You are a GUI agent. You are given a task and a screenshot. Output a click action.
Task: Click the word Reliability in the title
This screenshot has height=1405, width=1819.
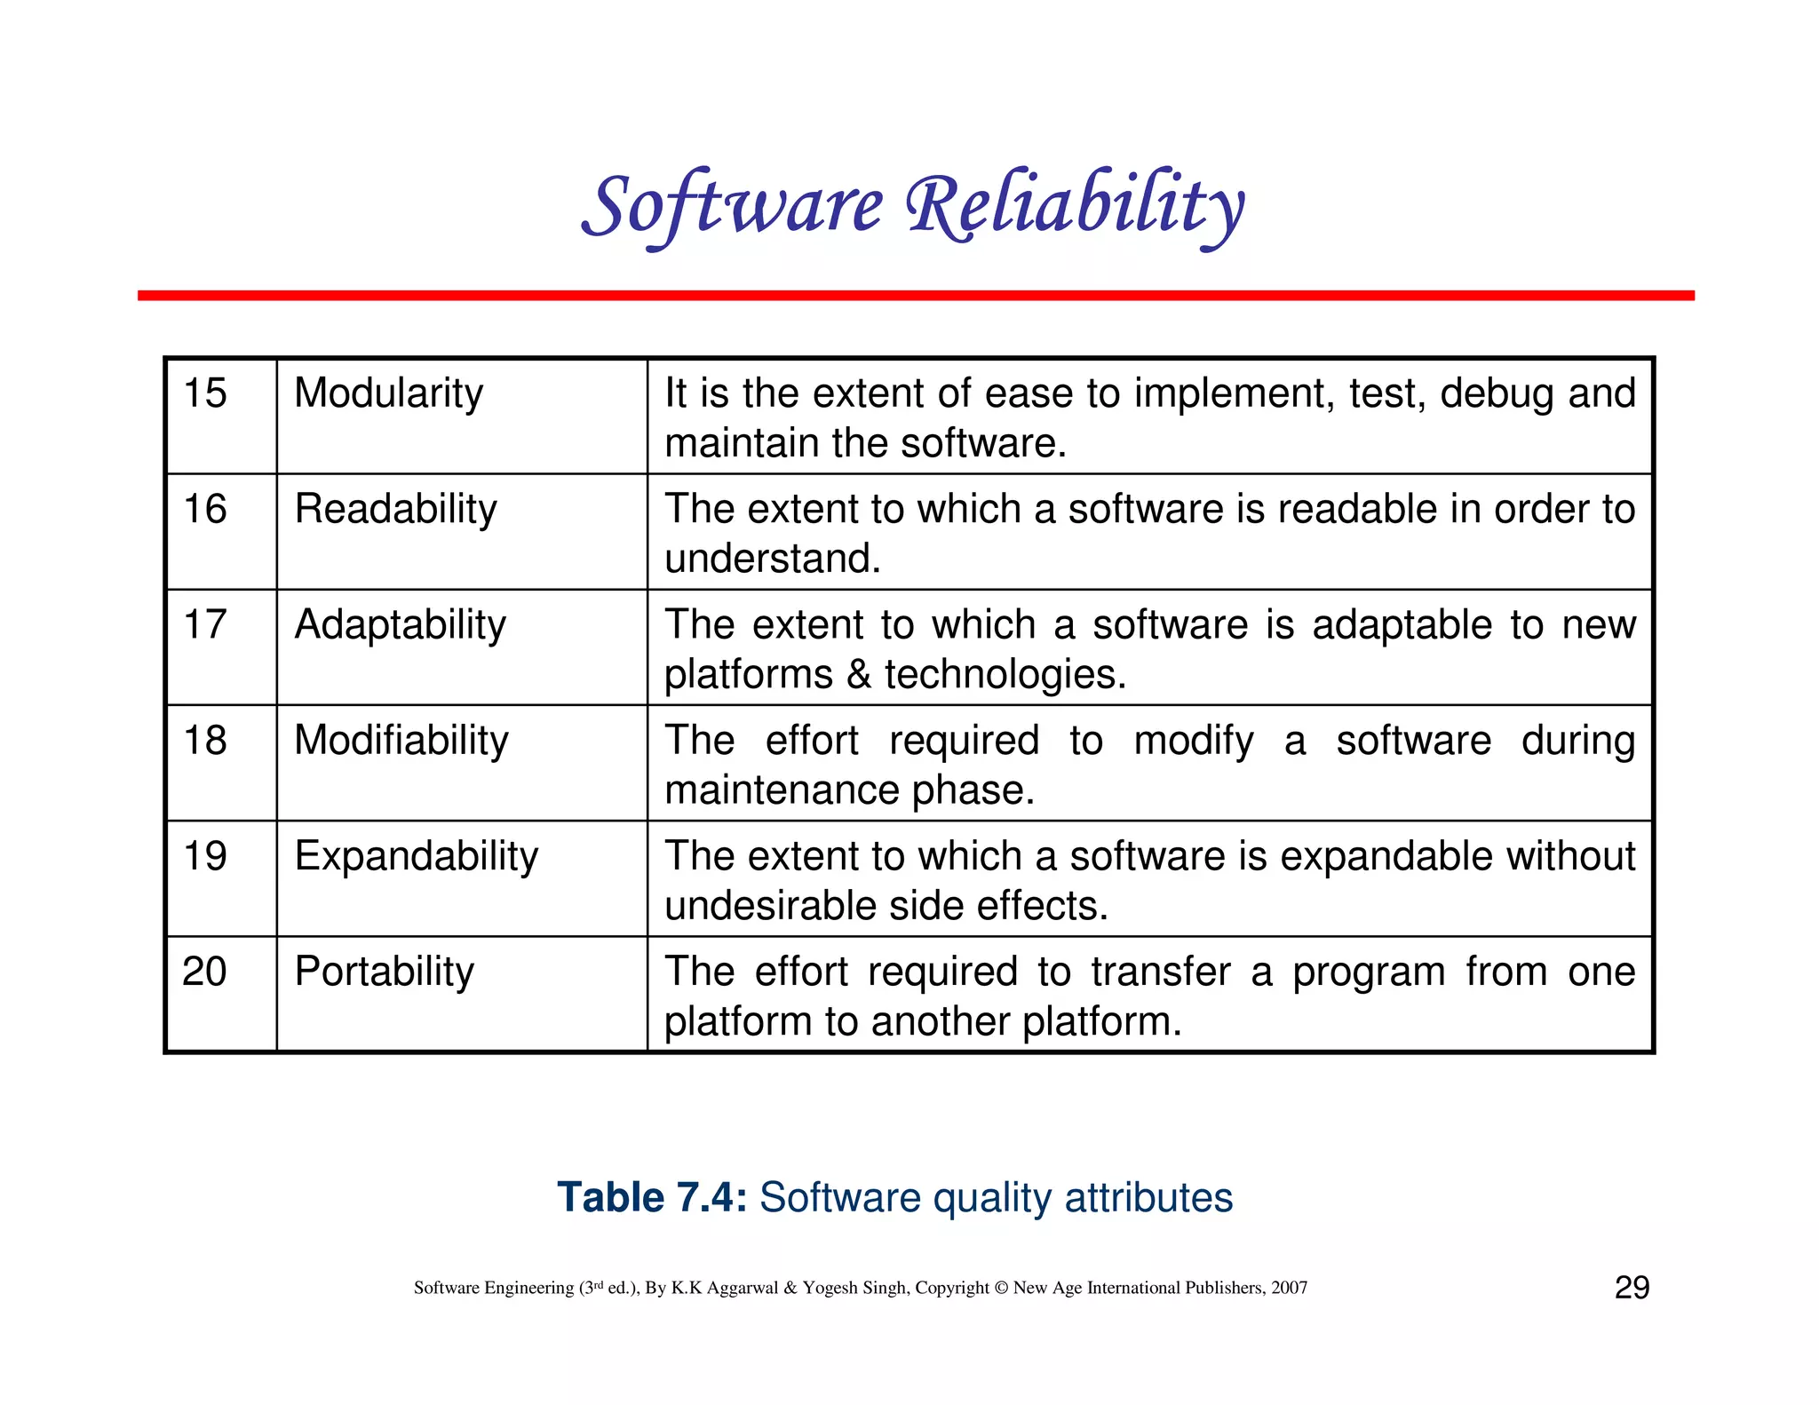click(1075, 206)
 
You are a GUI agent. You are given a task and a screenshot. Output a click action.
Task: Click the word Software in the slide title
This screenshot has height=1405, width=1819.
click(733, 206)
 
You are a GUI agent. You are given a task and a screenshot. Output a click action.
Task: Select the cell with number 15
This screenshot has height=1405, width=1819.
click(205, 393)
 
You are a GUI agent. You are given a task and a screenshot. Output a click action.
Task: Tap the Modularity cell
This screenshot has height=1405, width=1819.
click(388, 393)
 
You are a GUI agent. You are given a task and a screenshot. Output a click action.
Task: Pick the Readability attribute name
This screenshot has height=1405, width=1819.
click(395, 509)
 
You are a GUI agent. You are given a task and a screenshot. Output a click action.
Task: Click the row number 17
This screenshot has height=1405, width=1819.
click(205, 624)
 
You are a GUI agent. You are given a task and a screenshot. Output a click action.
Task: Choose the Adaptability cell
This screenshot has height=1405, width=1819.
click(400, 624)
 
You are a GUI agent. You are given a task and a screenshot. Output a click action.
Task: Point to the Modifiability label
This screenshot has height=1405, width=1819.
click(401, 741)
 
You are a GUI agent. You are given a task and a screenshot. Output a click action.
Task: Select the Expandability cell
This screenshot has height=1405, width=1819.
click(416, 856)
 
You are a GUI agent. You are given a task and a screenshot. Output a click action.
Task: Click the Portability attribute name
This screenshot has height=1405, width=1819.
click(384, 972)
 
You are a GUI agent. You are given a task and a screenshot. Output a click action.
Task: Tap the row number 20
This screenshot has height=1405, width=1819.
click(205, 972)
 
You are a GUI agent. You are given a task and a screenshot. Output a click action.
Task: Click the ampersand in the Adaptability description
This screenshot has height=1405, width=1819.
click(858, 675)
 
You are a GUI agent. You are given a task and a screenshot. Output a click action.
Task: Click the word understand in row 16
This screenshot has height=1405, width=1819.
click(771, 560)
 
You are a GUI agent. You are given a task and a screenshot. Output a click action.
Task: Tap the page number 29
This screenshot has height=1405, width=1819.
click(1632, 1288)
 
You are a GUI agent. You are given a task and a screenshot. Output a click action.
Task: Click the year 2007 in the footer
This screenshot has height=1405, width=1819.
click(1289, 1288)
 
